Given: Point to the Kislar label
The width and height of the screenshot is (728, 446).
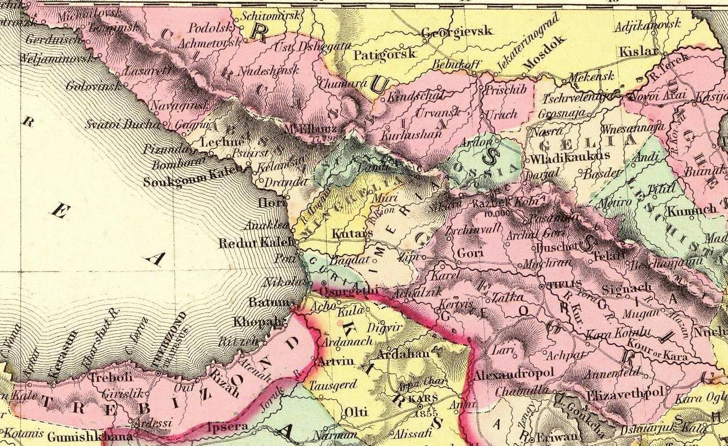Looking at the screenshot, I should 639,52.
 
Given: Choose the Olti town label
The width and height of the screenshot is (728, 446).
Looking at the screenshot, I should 356,412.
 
